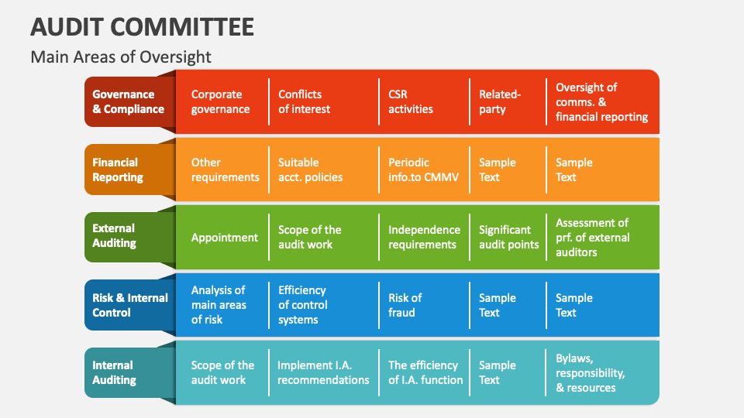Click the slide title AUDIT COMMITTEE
tap(142, 26)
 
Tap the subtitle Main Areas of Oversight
tap(120, 57)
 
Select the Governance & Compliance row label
tap(128, 102)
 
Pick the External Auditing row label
tap(114, 236)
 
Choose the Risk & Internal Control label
tap(130, 305)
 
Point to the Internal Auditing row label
tap(114, 372)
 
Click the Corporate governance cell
tap(221, 102)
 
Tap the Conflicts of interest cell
tap(305, 102)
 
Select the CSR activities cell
tap(411, 102)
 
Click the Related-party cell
tap(500, 102)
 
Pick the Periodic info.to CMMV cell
tap(423, 170)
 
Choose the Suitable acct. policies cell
tap(310, 170)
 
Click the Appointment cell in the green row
tap(225, 238)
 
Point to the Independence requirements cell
tap(424, 237)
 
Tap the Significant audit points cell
tap(508, 237)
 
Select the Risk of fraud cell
tap(405, 305)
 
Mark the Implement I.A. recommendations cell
tap(323, 372)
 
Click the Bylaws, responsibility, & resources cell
tap(590, 372)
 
